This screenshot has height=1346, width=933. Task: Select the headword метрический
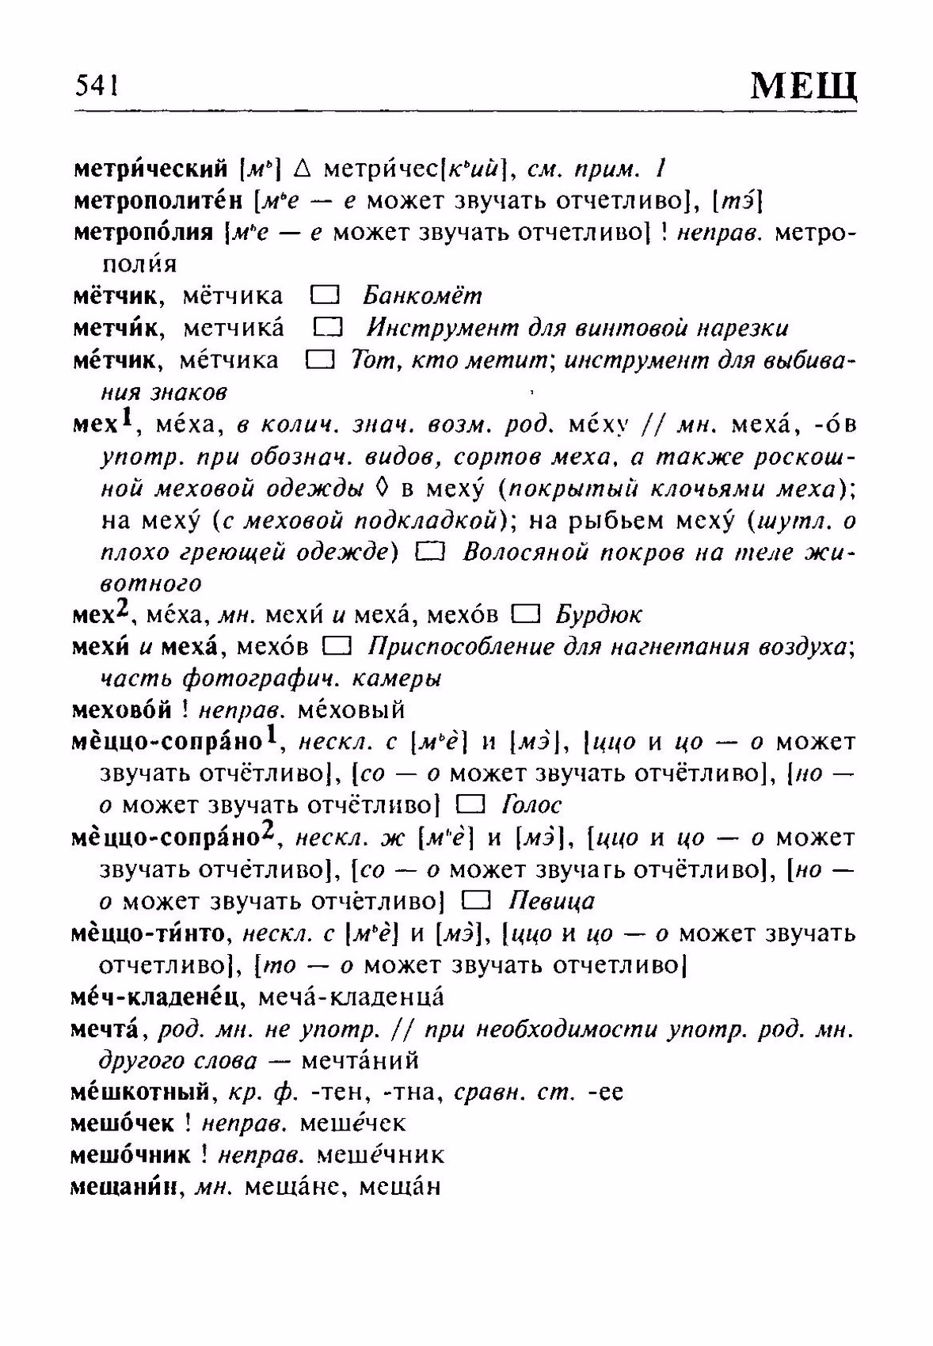pos(150,169)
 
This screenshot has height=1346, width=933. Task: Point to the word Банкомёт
pos(422,296)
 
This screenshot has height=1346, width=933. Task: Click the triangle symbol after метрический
pos(302,169)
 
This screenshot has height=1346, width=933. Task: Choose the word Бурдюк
pos(598,615)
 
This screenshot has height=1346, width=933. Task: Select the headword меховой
pos(121,710)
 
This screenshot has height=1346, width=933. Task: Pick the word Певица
pos(551,902)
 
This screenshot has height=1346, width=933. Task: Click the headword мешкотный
pos(139,1093)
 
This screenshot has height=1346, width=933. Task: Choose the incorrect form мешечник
pos(379,1156)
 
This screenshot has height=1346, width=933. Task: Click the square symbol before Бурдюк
pos(526,614)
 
